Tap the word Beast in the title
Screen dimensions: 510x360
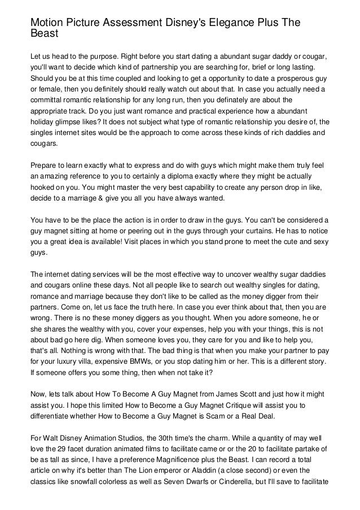click(45, 34)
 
